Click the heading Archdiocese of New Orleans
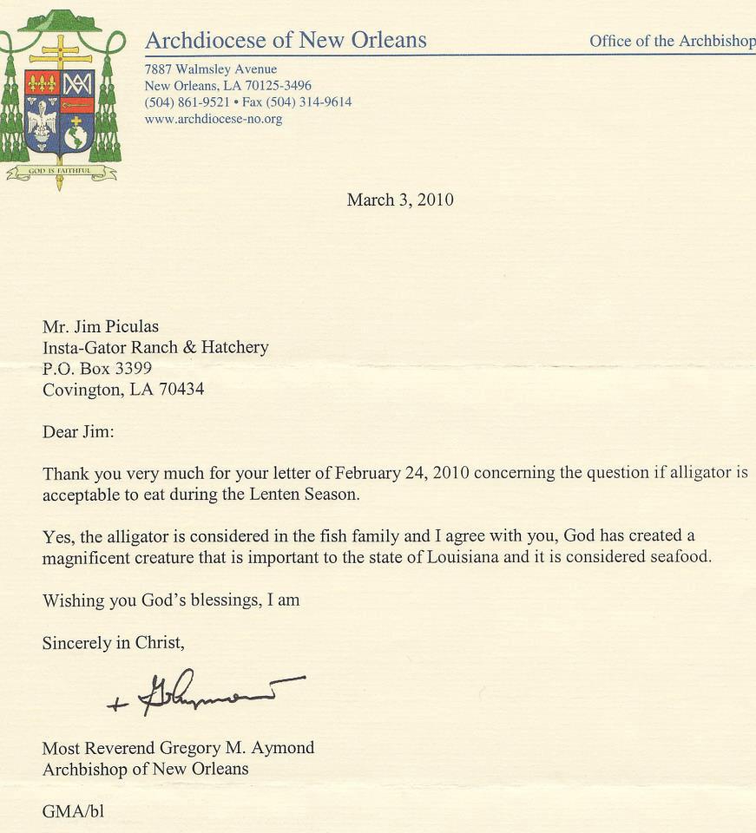point(286,40)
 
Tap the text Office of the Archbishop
point(672,41)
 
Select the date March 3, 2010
point(400,200)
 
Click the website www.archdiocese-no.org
point(214,119)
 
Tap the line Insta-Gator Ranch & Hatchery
point(155,348)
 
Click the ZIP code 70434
point(177,390)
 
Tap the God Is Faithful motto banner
point(61,172)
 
